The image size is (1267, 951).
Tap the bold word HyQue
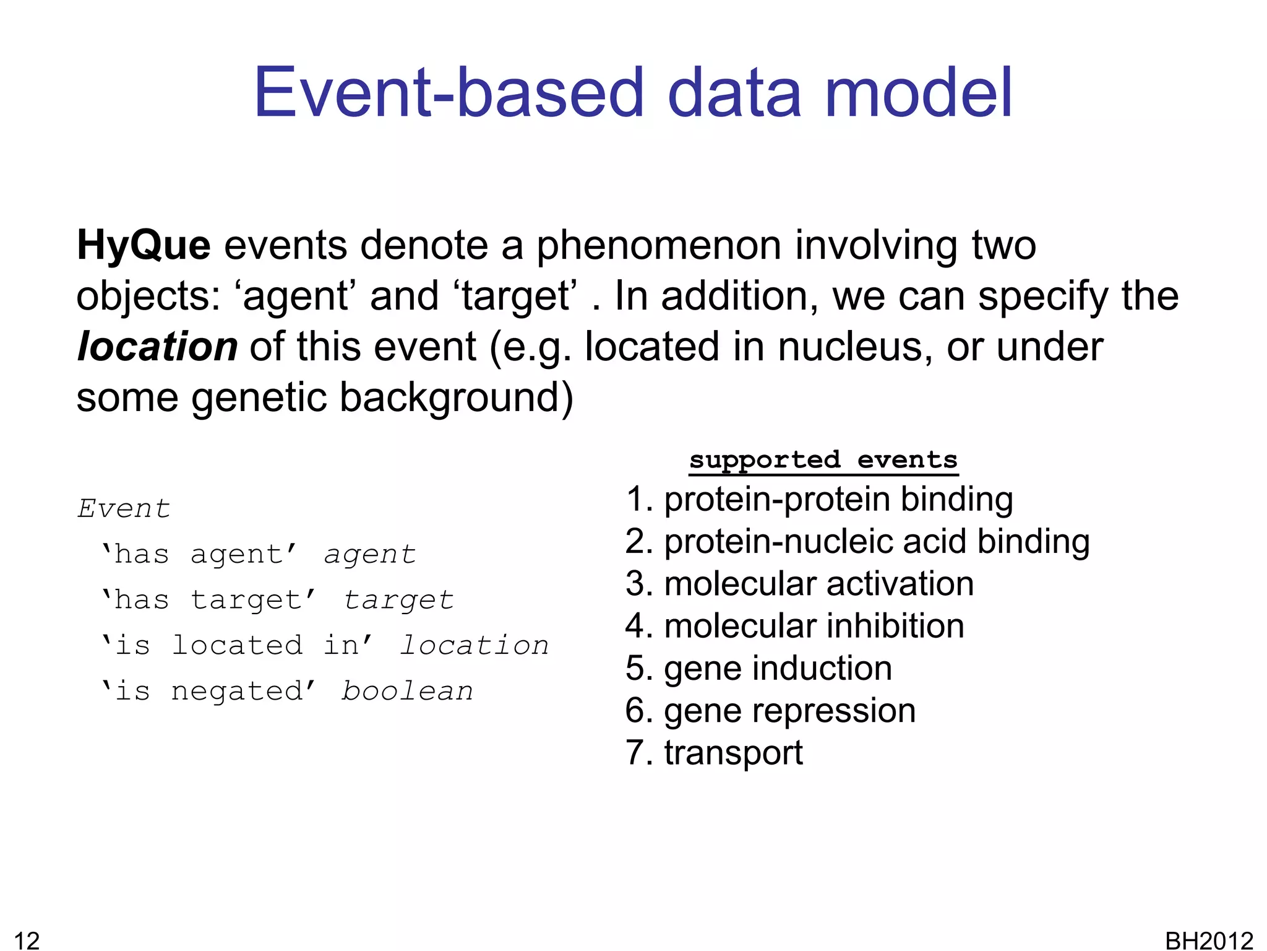144,246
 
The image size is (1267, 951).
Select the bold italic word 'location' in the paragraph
157,347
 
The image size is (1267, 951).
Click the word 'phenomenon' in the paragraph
661,246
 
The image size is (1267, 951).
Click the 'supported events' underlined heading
823,460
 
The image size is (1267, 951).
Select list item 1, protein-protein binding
819,499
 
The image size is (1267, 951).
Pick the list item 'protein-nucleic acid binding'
857,542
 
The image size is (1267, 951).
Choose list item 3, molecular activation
799,584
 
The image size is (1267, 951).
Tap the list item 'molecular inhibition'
795,626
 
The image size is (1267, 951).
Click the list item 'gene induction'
758,668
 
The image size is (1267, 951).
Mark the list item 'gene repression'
770,711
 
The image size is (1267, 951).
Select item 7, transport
714,753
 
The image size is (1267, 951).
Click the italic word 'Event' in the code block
124,509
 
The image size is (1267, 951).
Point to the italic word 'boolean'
407,691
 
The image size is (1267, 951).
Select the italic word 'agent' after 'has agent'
370,554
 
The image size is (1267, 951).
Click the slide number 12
27,940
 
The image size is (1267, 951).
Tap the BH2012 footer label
1209,940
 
